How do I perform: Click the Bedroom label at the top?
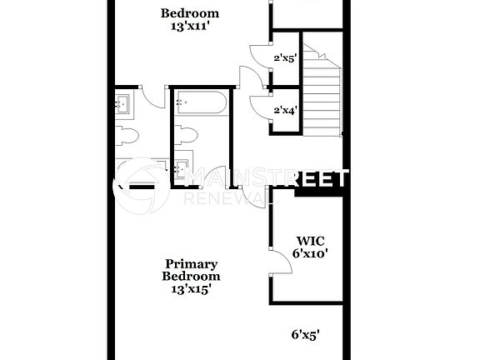click(190, 12)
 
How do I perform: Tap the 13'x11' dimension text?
click(190, 26)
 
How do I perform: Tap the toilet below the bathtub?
click(187, 133)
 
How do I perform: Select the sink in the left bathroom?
click(122, 103)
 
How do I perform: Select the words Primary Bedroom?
click(191, 268)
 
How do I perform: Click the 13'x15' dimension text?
click(191, 289)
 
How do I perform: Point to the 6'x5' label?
click(306, 334)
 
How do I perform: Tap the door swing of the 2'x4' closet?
click(258, 106)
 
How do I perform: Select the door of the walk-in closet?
click(279, 262)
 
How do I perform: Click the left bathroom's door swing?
click(152, 97)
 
